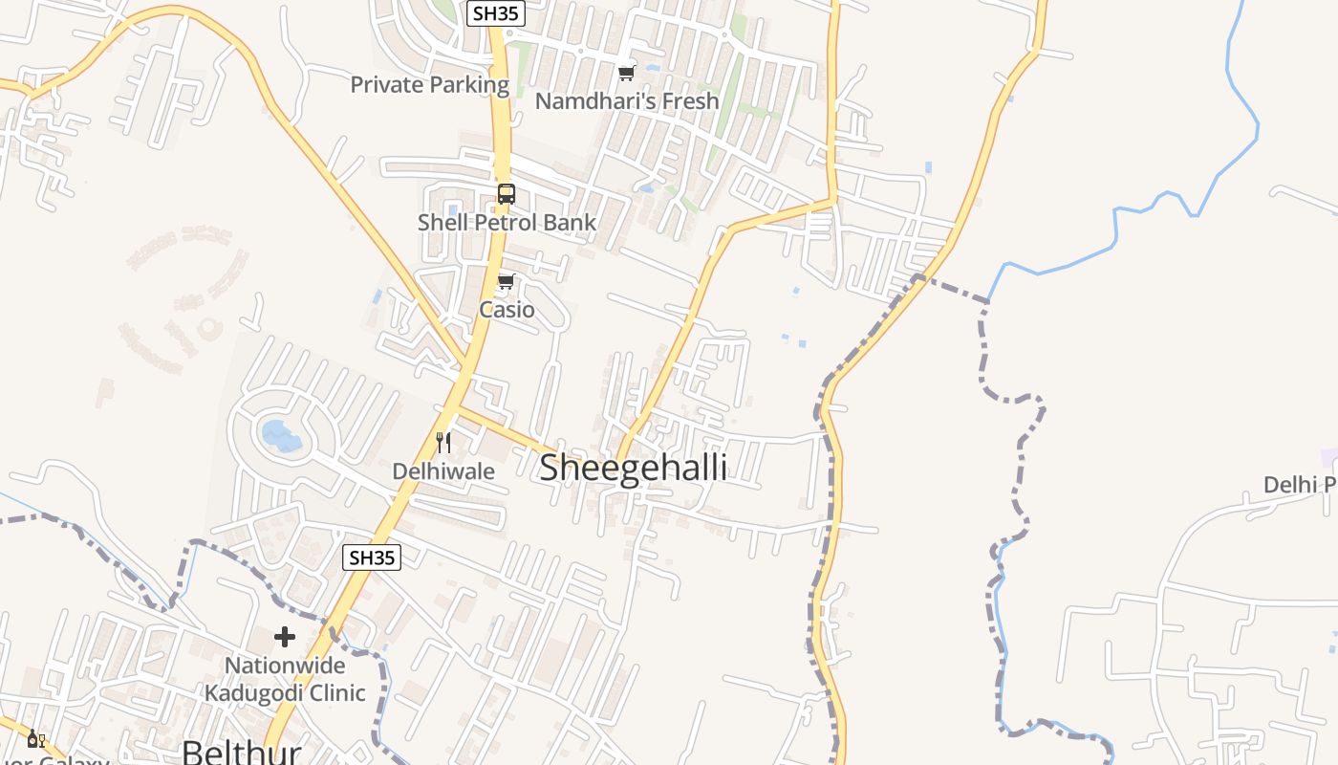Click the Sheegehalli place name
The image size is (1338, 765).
tap(633, 468)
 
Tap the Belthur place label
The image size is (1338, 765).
tap(241, 752)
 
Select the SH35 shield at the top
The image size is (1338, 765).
tap(496, 13)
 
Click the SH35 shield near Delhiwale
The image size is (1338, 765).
tap(372, 557)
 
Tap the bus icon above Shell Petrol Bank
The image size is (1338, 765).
tap(506, 194)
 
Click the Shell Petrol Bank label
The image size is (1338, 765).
tap(507, 223)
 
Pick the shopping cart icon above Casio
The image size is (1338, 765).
tap(507, 282)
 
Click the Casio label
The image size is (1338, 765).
tap(507, 310)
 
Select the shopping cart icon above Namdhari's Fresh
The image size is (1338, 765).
tap(626, 73)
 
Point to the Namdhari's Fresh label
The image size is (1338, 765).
tap(626, 100)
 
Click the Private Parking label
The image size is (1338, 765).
tap(429, 84)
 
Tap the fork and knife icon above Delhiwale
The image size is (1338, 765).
tap(443, 443)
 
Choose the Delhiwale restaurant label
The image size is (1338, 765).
tap(443, 471)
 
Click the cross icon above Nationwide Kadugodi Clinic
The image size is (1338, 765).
tap(285, 636)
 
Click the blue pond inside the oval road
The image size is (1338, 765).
tap(281, 436)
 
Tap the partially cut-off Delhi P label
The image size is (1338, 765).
tap(1300, 485)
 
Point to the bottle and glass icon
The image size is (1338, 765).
tap(35, 738)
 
